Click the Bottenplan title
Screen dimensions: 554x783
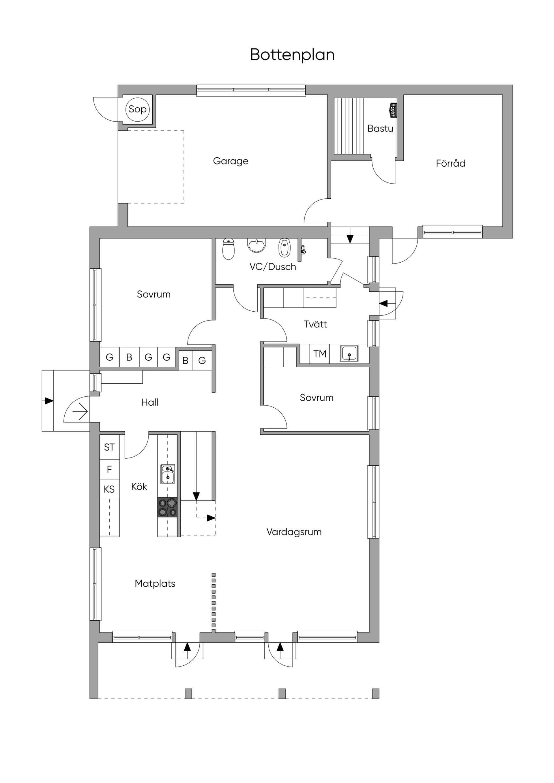[x=292, y=55]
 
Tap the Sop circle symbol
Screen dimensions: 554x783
[x=138, y=109]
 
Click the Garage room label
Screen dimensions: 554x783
[x=231, y=161]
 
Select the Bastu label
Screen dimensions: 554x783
[x=380, y=129]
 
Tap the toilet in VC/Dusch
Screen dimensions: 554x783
[x=228, y=249]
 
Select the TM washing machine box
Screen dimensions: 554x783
[x=320, y=354]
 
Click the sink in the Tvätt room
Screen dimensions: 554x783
[x=349, y=354]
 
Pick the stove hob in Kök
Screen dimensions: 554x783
[x=168, y=507]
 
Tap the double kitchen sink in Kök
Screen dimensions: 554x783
[x=168, y=474]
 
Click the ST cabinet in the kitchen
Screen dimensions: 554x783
[x=110, y=447]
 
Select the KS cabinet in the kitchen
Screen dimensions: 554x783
[x=110, y=490]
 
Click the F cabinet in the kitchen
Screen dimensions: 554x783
[x=110, y=470]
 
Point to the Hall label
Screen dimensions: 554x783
[x=149, y=402]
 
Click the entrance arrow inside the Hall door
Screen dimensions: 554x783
[x=81, y=411]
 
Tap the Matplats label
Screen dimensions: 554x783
[x=155, y=584]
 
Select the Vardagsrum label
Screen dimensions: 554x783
[x=294, y=532]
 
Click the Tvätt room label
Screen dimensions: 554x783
[x=315, y=324]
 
